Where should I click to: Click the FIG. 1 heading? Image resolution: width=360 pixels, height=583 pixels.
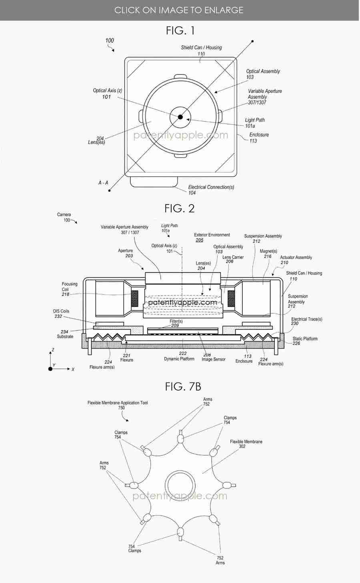pyautogui.click(x=180, y=30)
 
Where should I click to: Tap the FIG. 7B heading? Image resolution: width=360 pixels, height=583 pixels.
pyautogui.click(x=183, y=387)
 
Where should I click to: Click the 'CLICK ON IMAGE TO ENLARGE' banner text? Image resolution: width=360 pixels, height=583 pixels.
pyautogui.click(x=179, y=10)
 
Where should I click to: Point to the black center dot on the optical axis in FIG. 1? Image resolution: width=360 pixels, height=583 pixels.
pyautogui.click(x=180, y=117)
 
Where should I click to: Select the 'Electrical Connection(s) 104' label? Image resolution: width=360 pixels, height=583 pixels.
pyautogui.click(x=211, y=190)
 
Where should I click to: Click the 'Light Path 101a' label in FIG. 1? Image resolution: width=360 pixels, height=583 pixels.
pyautogui.click(x=254, y=123)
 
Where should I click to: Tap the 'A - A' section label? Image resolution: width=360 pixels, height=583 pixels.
pyautogui.click(x=103, y=182)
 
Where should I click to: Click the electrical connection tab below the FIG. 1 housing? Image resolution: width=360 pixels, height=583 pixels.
pyautogui.click(x=154, y=181)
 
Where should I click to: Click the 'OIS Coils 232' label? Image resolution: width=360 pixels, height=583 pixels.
pyautogui.click(x=61, y=313)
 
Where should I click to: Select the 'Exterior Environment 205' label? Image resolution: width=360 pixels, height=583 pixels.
pyautogui.click(x=212, y=237)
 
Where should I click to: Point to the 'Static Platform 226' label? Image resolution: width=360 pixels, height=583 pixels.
pyautogui.click(x=304, y=341)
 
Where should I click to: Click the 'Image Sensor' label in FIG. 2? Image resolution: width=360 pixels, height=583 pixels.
pyautogui.click(x=213, y=359)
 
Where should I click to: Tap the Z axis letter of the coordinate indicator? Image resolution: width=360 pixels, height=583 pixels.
pyautogui.click(x=52, y=350)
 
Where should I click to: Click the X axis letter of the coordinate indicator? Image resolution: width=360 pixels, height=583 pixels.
pyautogui.click(x=73, y=369)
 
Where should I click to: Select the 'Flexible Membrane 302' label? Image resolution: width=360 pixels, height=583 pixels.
pyautogui.click(x=246, y=444)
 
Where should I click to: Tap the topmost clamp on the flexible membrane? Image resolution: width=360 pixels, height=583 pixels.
pyautogui.click(x=180, y=439)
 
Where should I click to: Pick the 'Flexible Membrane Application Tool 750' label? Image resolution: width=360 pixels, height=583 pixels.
pyautogui.click(x=118, y=405)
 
